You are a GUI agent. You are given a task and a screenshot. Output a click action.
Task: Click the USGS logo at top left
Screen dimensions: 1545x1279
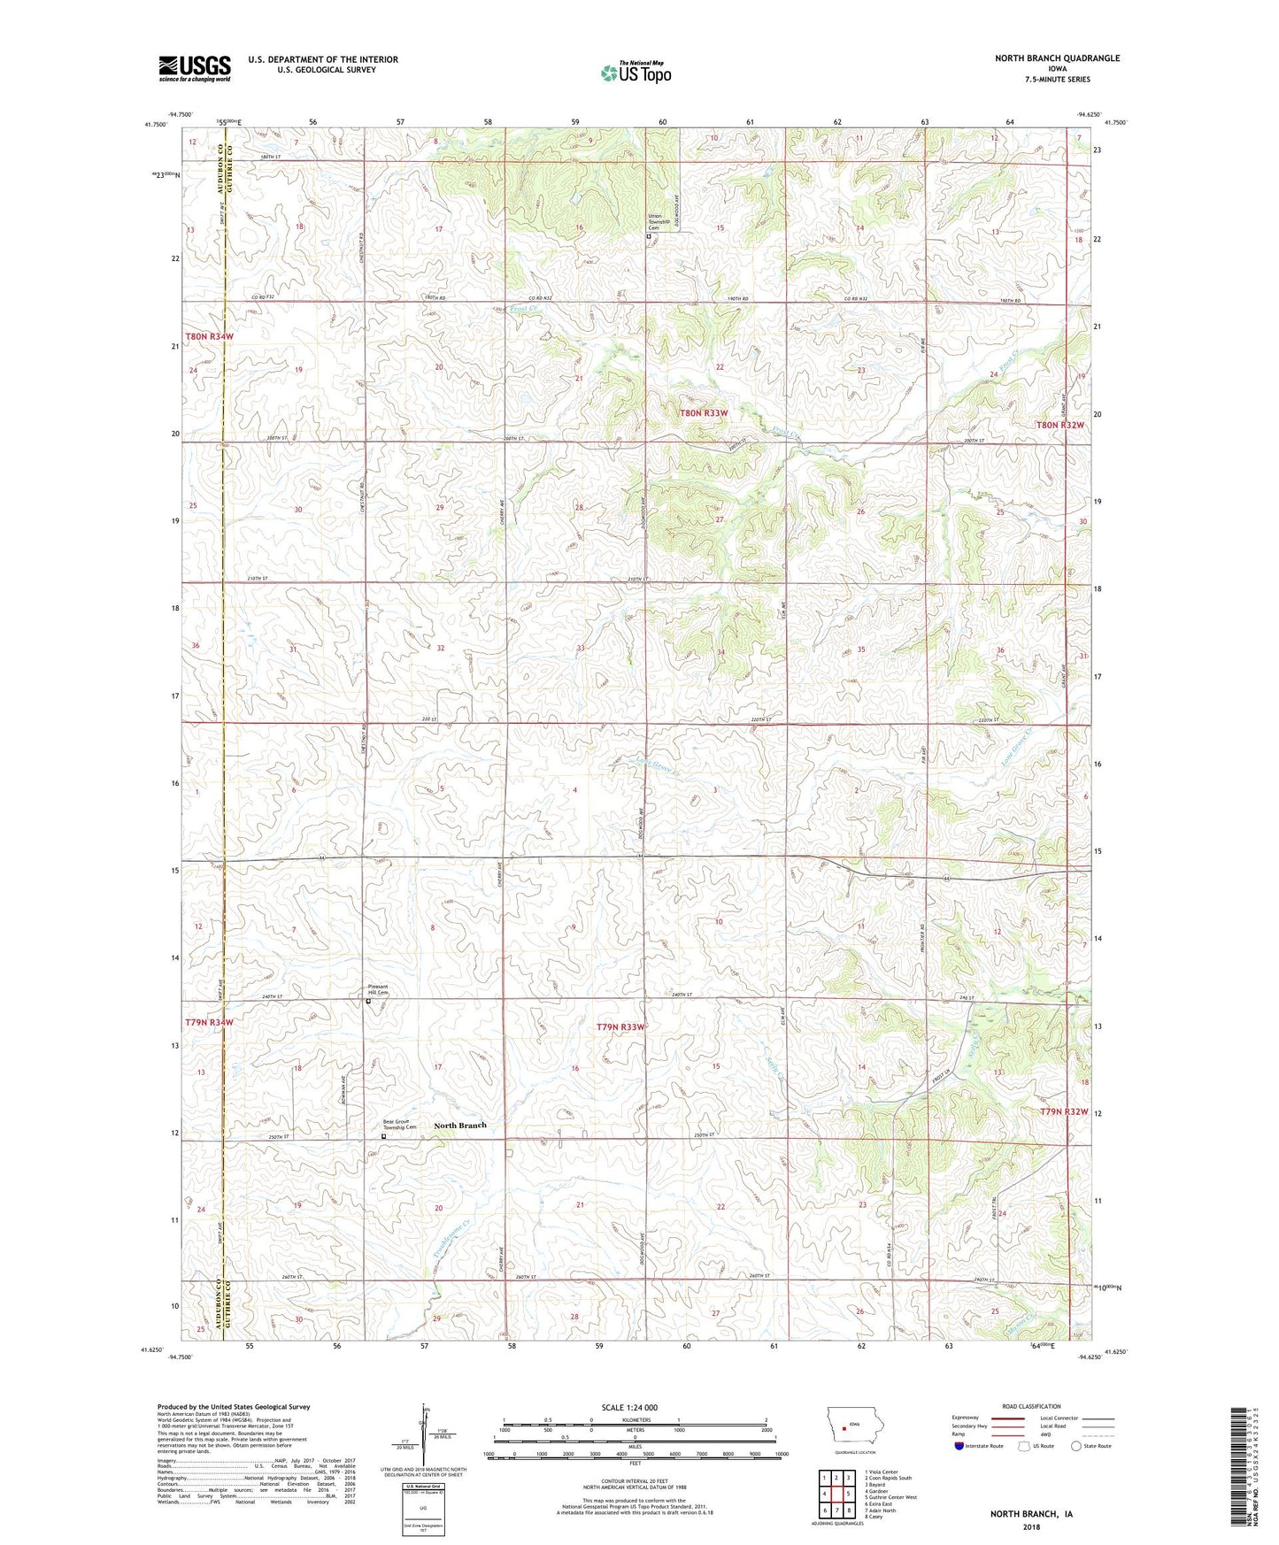pos(194,68)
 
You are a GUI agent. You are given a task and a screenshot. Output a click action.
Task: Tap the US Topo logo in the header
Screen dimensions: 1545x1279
pos(635,73)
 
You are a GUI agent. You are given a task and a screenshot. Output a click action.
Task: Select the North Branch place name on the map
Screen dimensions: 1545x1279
pos(459,1126)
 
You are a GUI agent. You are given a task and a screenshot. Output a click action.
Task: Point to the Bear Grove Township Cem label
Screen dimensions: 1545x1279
pos(399,1125)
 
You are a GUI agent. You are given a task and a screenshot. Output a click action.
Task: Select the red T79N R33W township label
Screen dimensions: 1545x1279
pos(620,1026)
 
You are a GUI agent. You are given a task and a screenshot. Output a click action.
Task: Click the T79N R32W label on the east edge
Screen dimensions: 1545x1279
pos(1062,1111)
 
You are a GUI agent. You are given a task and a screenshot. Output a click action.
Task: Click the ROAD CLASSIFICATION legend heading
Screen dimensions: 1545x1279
pos(1033,1406)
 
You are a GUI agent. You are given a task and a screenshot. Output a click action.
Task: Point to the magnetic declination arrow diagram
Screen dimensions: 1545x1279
pos(423,1430)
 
